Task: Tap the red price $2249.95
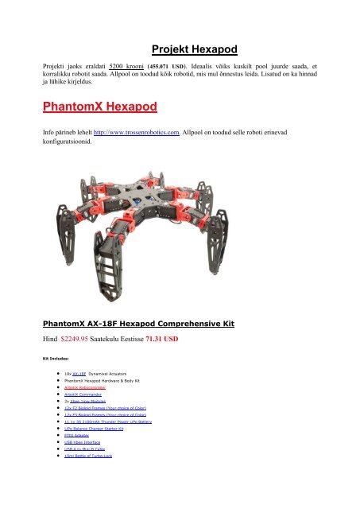(82, 338)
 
